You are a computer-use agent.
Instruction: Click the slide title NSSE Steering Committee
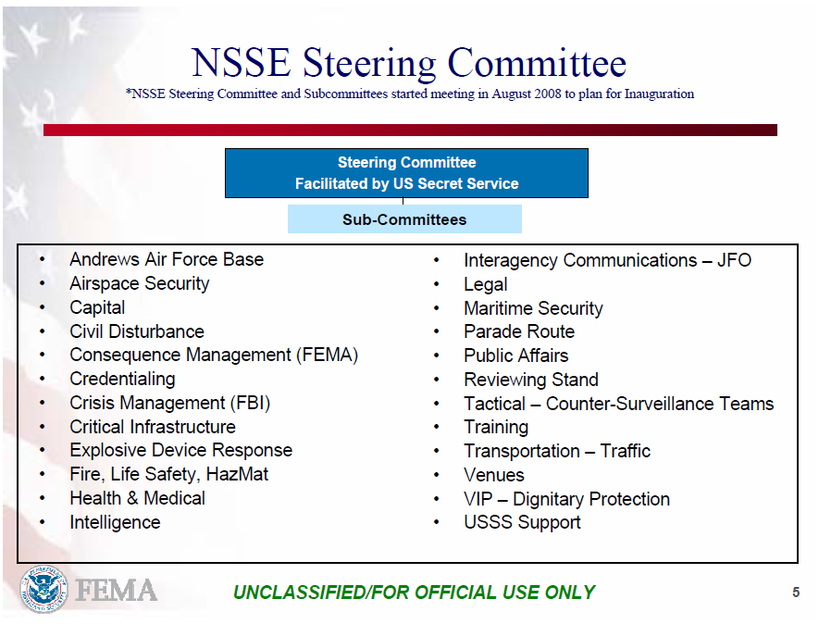[408, 63]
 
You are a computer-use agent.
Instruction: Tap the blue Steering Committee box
[406, 173]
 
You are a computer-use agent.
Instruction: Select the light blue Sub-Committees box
[404, 219]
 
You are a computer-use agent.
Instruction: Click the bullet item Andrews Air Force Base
[167, 259]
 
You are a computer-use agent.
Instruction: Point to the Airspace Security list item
[140, 283]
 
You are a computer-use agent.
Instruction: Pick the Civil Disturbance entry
[137, 331]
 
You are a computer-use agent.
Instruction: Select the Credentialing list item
[122, 379]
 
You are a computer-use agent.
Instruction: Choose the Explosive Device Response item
[180, 450]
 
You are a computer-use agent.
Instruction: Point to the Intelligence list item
[115, 522]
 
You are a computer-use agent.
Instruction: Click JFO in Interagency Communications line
[734, 260]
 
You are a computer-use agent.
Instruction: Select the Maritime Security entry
[533, 308]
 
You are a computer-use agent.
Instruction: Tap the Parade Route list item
[519, 331]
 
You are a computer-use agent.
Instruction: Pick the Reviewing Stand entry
[531, 380]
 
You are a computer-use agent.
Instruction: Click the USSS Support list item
[522, 522]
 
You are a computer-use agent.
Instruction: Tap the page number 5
[796, 592]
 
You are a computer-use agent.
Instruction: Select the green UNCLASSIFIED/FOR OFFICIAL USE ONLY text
[415, 593]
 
